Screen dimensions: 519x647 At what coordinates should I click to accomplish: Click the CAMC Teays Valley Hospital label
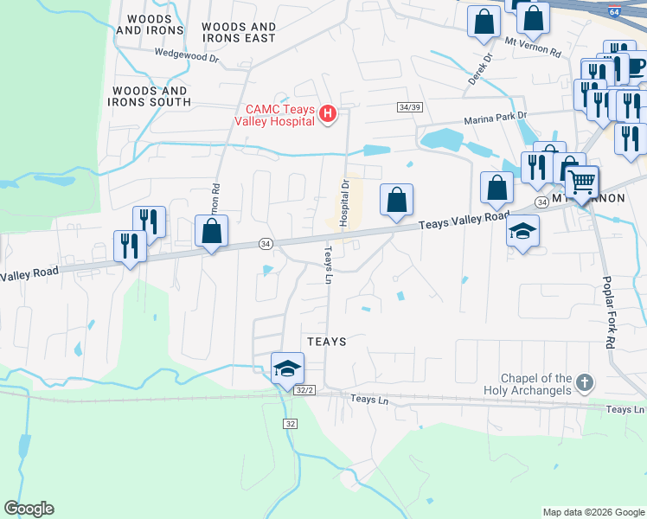coord(273,114)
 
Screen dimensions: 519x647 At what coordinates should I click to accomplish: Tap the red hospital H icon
coord(328,113)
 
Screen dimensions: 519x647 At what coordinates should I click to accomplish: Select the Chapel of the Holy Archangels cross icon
coord(586,382)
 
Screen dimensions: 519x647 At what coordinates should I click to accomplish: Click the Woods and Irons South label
coord(149,96)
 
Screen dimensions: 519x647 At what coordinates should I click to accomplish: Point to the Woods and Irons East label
coord(239,33)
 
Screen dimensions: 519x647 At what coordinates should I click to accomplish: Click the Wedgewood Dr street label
coord(187,54)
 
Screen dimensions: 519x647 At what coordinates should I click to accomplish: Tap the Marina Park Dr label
coord(495,121)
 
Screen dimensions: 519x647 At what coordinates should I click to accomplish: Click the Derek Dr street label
coord(480,70)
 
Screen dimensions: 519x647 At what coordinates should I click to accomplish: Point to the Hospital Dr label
coord(343,202)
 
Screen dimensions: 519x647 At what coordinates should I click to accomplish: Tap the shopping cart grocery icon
coord(582,182)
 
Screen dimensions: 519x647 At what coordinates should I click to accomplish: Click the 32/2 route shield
coord(304,390)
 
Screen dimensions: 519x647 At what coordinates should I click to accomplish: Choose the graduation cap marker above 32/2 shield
coord(287,368)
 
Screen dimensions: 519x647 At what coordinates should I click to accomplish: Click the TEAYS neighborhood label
coord(326,343)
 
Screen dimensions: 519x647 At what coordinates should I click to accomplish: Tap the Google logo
coord(29,509)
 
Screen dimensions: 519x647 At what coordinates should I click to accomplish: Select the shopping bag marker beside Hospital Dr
coord(396,200)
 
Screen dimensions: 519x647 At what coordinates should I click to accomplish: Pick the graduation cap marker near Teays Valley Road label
coord(522,231)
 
